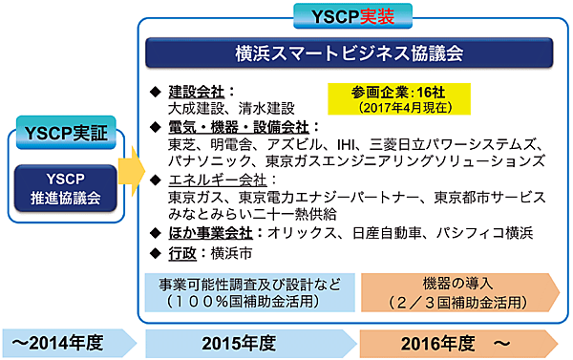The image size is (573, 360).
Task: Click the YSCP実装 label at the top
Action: tap(350, 15)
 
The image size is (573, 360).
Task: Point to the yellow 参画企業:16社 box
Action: tap(378, 96)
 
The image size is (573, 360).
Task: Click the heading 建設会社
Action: tap(196, 92)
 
